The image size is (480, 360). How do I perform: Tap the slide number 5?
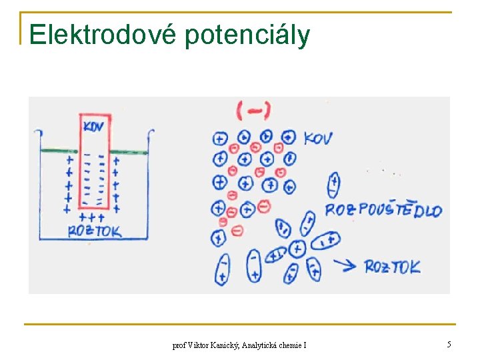pyautogui.click(x=449, y=345)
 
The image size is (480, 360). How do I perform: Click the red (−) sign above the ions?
pyautogui.click(x=253, y=111)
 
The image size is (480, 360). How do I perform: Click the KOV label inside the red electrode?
pyautogui.click(x=94, y=125)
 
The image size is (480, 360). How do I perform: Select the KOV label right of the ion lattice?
pyautogui.click(x=317, y=139)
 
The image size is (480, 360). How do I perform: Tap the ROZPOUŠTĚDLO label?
pyautogui.click(x=383, y=211)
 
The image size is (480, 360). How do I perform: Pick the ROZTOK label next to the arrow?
pyautogui.click(x=393, y=267)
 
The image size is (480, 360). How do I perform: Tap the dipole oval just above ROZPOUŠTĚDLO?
pyautogui.click(x=334, y=185)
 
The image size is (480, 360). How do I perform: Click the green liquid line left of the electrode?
pyautogui.click(x=59, y=152)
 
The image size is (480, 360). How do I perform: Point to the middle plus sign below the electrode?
pyautogui.click(x=91, y=217)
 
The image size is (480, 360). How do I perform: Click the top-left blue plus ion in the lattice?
pyautogui.click(x=219, y=139)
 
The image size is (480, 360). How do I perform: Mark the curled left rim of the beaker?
pyautogui.click(x=37, y=133)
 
